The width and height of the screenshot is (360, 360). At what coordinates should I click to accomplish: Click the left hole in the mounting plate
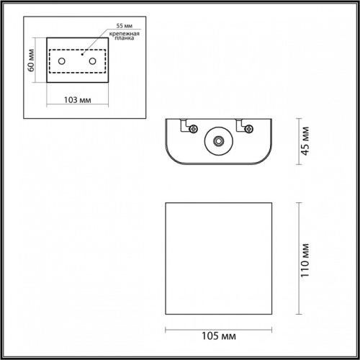[x=62, y=62]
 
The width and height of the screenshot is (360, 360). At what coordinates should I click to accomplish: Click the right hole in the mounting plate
[x=93, y=62]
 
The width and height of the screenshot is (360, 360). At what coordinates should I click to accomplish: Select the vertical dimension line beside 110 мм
[x=297, y=259]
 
